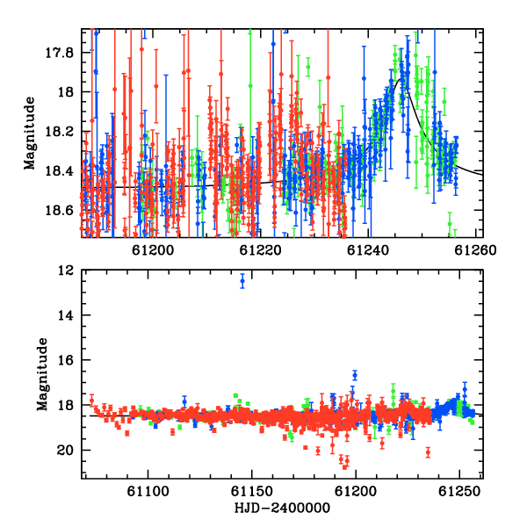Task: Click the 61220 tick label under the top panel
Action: (260, 250)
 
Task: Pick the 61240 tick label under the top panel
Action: (368, 250)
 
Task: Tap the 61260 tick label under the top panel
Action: (475, 250)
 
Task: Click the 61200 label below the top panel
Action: (153, 250)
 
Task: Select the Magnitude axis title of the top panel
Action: (30, 134)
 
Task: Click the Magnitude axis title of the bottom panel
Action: (43, 374)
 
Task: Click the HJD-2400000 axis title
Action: (282, 508)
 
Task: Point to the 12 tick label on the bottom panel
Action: (66, 271)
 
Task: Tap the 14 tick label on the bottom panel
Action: (66, 315)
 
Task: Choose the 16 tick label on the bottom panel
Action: (66, 360)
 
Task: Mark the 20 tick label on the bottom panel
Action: (66, 451)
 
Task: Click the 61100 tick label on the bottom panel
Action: (148, 492)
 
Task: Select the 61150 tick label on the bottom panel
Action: (252, 492)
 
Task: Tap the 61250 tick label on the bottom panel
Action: (459, 492)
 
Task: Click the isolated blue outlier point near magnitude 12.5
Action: (242, 281)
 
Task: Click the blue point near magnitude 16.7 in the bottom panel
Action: (355, 375)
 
